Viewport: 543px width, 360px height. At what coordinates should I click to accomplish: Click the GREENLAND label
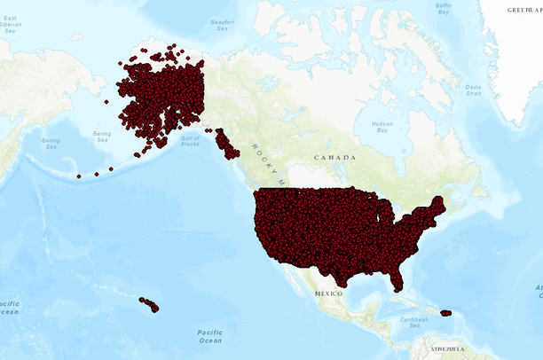pyautogui.click(x=523, y=10)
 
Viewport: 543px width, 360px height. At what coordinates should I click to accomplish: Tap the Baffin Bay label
pyautogui.click(x=444, y=9)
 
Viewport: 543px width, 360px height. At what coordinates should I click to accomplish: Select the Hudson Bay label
pyautogui.click(x=382, y=126)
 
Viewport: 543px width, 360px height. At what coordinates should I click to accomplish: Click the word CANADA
pyautogui.click(x=334, y=157)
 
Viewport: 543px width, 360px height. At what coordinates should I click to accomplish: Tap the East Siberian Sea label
pyautogui.click(x=11, y=23)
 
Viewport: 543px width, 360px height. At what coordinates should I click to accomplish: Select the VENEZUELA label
pyautogui.click(x=447, y=348)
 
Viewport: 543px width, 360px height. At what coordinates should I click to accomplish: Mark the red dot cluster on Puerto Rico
pyautogui.click(x=446, y=313)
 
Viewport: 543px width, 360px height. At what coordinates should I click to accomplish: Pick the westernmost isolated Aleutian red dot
pyautogui.click(x=79, y=176)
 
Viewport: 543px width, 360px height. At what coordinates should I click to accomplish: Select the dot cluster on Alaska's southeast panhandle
pyautogui.click(x=226, y=145)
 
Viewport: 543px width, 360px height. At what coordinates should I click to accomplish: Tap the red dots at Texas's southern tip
pyautogui.click(x=340, y=283)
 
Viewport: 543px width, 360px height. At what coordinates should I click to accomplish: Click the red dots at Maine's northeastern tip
pyautogui.click(x=442, y=201)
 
